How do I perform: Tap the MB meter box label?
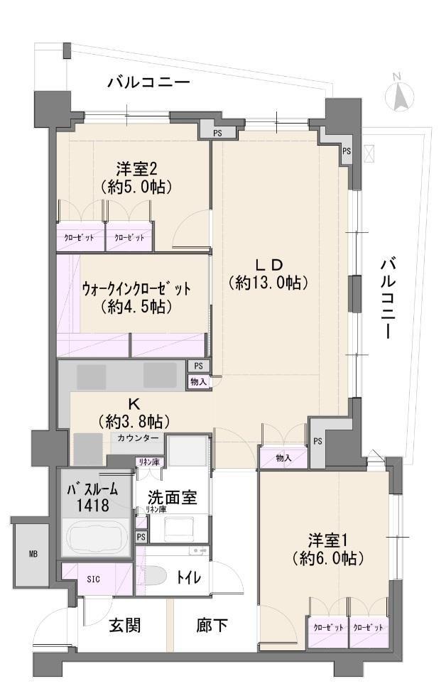coord(33,554)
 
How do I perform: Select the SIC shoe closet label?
coord(94,579)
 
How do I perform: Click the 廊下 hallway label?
coord(212,625)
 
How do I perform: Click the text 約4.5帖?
coord(136,307)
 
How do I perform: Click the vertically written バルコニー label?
coord(386,298)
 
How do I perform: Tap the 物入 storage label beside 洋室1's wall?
coord(283,458)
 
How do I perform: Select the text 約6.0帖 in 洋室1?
coord(327,558)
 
